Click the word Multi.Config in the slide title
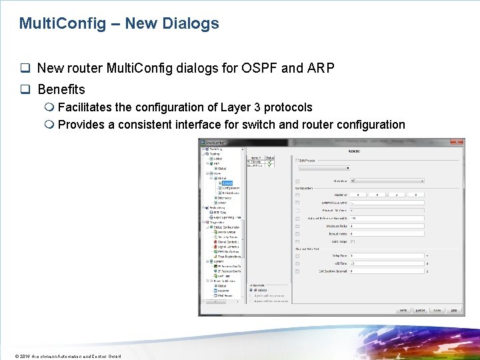pyautogui.click(x=63, y=24)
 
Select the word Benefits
pyautogui.click(x=61, y=89)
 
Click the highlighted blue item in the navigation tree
pyautogui.click(x=227, y=183)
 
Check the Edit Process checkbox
pyautogui.click(x=297, y=160)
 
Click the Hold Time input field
pyautogui.click(x=387, y=263)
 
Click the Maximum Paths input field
pyautogui.click(x=387, y=227)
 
